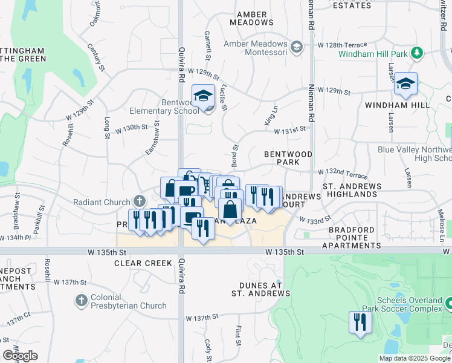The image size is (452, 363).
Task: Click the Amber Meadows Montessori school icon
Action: pyautogui.click(x=296, y=47)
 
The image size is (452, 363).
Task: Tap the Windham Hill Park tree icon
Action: pyautogui.click(x=416, y=53)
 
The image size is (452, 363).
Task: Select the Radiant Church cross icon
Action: pyautogui.click(x=139, y=201)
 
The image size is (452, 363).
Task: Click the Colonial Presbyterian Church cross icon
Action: pyautogui.click(x=82, y=300)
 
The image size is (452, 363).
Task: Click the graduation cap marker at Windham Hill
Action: pyautogui.click(x=405, y=85)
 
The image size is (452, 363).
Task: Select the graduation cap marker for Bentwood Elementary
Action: pyautogui.click(x=204, y=96)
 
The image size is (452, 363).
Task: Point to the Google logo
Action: pyautogui.click(x=20, y=356)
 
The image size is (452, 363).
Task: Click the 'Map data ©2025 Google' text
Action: pyautogui.click(x=415, y=358)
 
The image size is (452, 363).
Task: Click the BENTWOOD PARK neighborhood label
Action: pyautogui.click(x=288, y=159)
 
